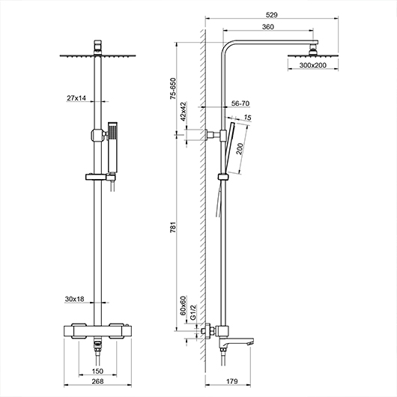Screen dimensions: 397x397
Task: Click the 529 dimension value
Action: point(271,15)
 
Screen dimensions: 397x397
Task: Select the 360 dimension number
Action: point(268,27)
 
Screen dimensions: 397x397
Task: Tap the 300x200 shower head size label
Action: point(312,65)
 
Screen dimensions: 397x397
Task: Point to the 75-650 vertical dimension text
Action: point(173,88)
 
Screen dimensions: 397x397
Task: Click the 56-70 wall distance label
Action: point(240,103)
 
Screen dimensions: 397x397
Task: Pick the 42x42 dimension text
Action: point(184,111)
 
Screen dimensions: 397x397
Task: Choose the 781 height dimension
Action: point(173,227)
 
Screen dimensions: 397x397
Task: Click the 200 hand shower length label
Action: point(240,148)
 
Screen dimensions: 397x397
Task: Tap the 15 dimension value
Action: point(248,118)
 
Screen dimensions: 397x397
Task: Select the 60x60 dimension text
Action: point(184,306)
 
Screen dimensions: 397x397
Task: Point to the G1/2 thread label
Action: point(193,312)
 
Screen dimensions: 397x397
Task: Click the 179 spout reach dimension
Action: point(231,381)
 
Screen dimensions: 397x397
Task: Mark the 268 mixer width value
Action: point(97,381)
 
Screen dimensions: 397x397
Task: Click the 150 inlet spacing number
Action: point(97,372)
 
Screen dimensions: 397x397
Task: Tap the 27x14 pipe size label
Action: point(76,97)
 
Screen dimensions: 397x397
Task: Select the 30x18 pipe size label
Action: point(74,299)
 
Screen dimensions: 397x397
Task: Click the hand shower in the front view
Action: point(112,148)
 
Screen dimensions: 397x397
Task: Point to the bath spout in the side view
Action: point(237,342)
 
